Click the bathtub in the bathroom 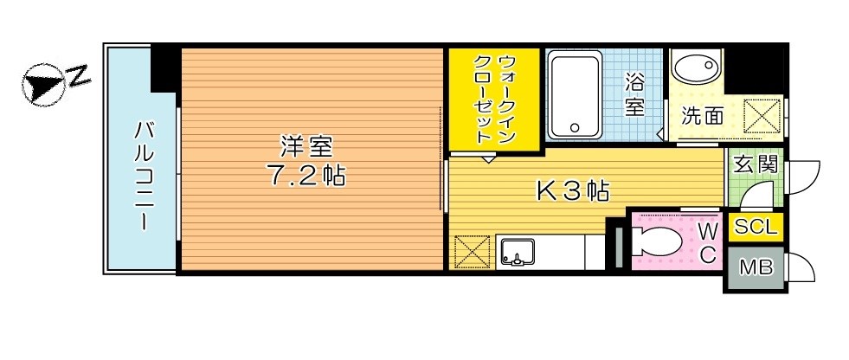click(x=576, y=95)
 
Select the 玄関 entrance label click(x=755, y=163)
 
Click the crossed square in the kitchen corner click(x=473, y=253)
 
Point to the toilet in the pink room click(x=661, y=242)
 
